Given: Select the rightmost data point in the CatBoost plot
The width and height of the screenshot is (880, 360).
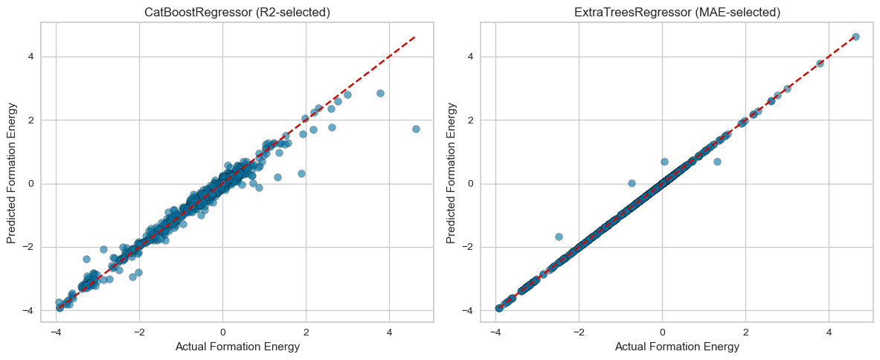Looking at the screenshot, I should pos(416,129).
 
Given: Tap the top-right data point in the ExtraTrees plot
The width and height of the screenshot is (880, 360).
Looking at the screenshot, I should pos(855,36).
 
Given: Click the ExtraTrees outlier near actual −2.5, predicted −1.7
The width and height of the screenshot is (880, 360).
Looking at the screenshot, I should pos(559,237).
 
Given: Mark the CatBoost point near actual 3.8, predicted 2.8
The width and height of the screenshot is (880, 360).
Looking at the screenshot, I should pos(380,93).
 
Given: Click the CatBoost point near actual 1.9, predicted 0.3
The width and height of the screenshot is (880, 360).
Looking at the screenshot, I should pos(301,173).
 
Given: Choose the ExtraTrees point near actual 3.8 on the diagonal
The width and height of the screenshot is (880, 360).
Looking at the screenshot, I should pos(820,63).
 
